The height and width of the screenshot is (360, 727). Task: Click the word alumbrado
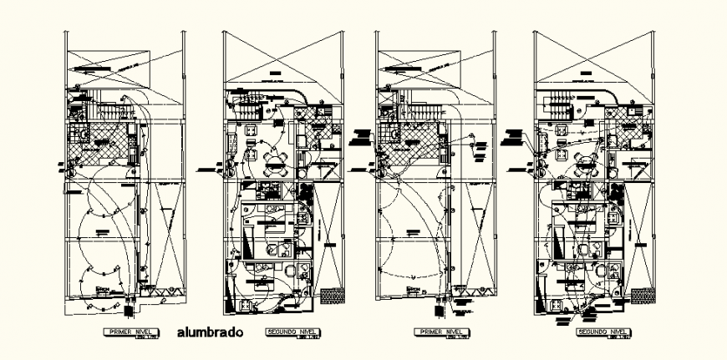click(x=211, y=332)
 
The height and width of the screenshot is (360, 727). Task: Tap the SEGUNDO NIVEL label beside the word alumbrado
click(x=288, y=332)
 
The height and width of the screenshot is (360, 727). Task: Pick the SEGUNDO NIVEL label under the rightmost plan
click(x=602, y=332)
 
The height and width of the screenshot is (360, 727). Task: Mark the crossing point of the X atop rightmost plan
click(x=593, y=59)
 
